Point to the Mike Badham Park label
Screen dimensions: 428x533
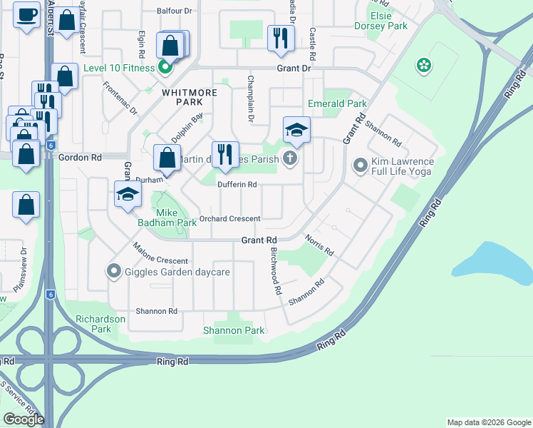click(166, 218)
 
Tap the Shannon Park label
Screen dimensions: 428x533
click(234, 330)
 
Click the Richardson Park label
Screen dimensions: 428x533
click(101, 324)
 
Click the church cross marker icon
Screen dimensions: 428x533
click(289, 158)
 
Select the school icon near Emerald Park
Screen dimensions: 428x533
click(296, 129)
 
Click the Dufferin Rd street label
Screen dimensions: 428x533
click(237, 184)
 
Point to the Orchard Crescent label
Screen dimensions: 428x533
click(229, 218)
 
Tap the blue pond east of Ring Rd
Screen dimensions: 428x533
click(492, 261)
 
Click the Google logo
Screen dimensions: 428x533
click(24, 419)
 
